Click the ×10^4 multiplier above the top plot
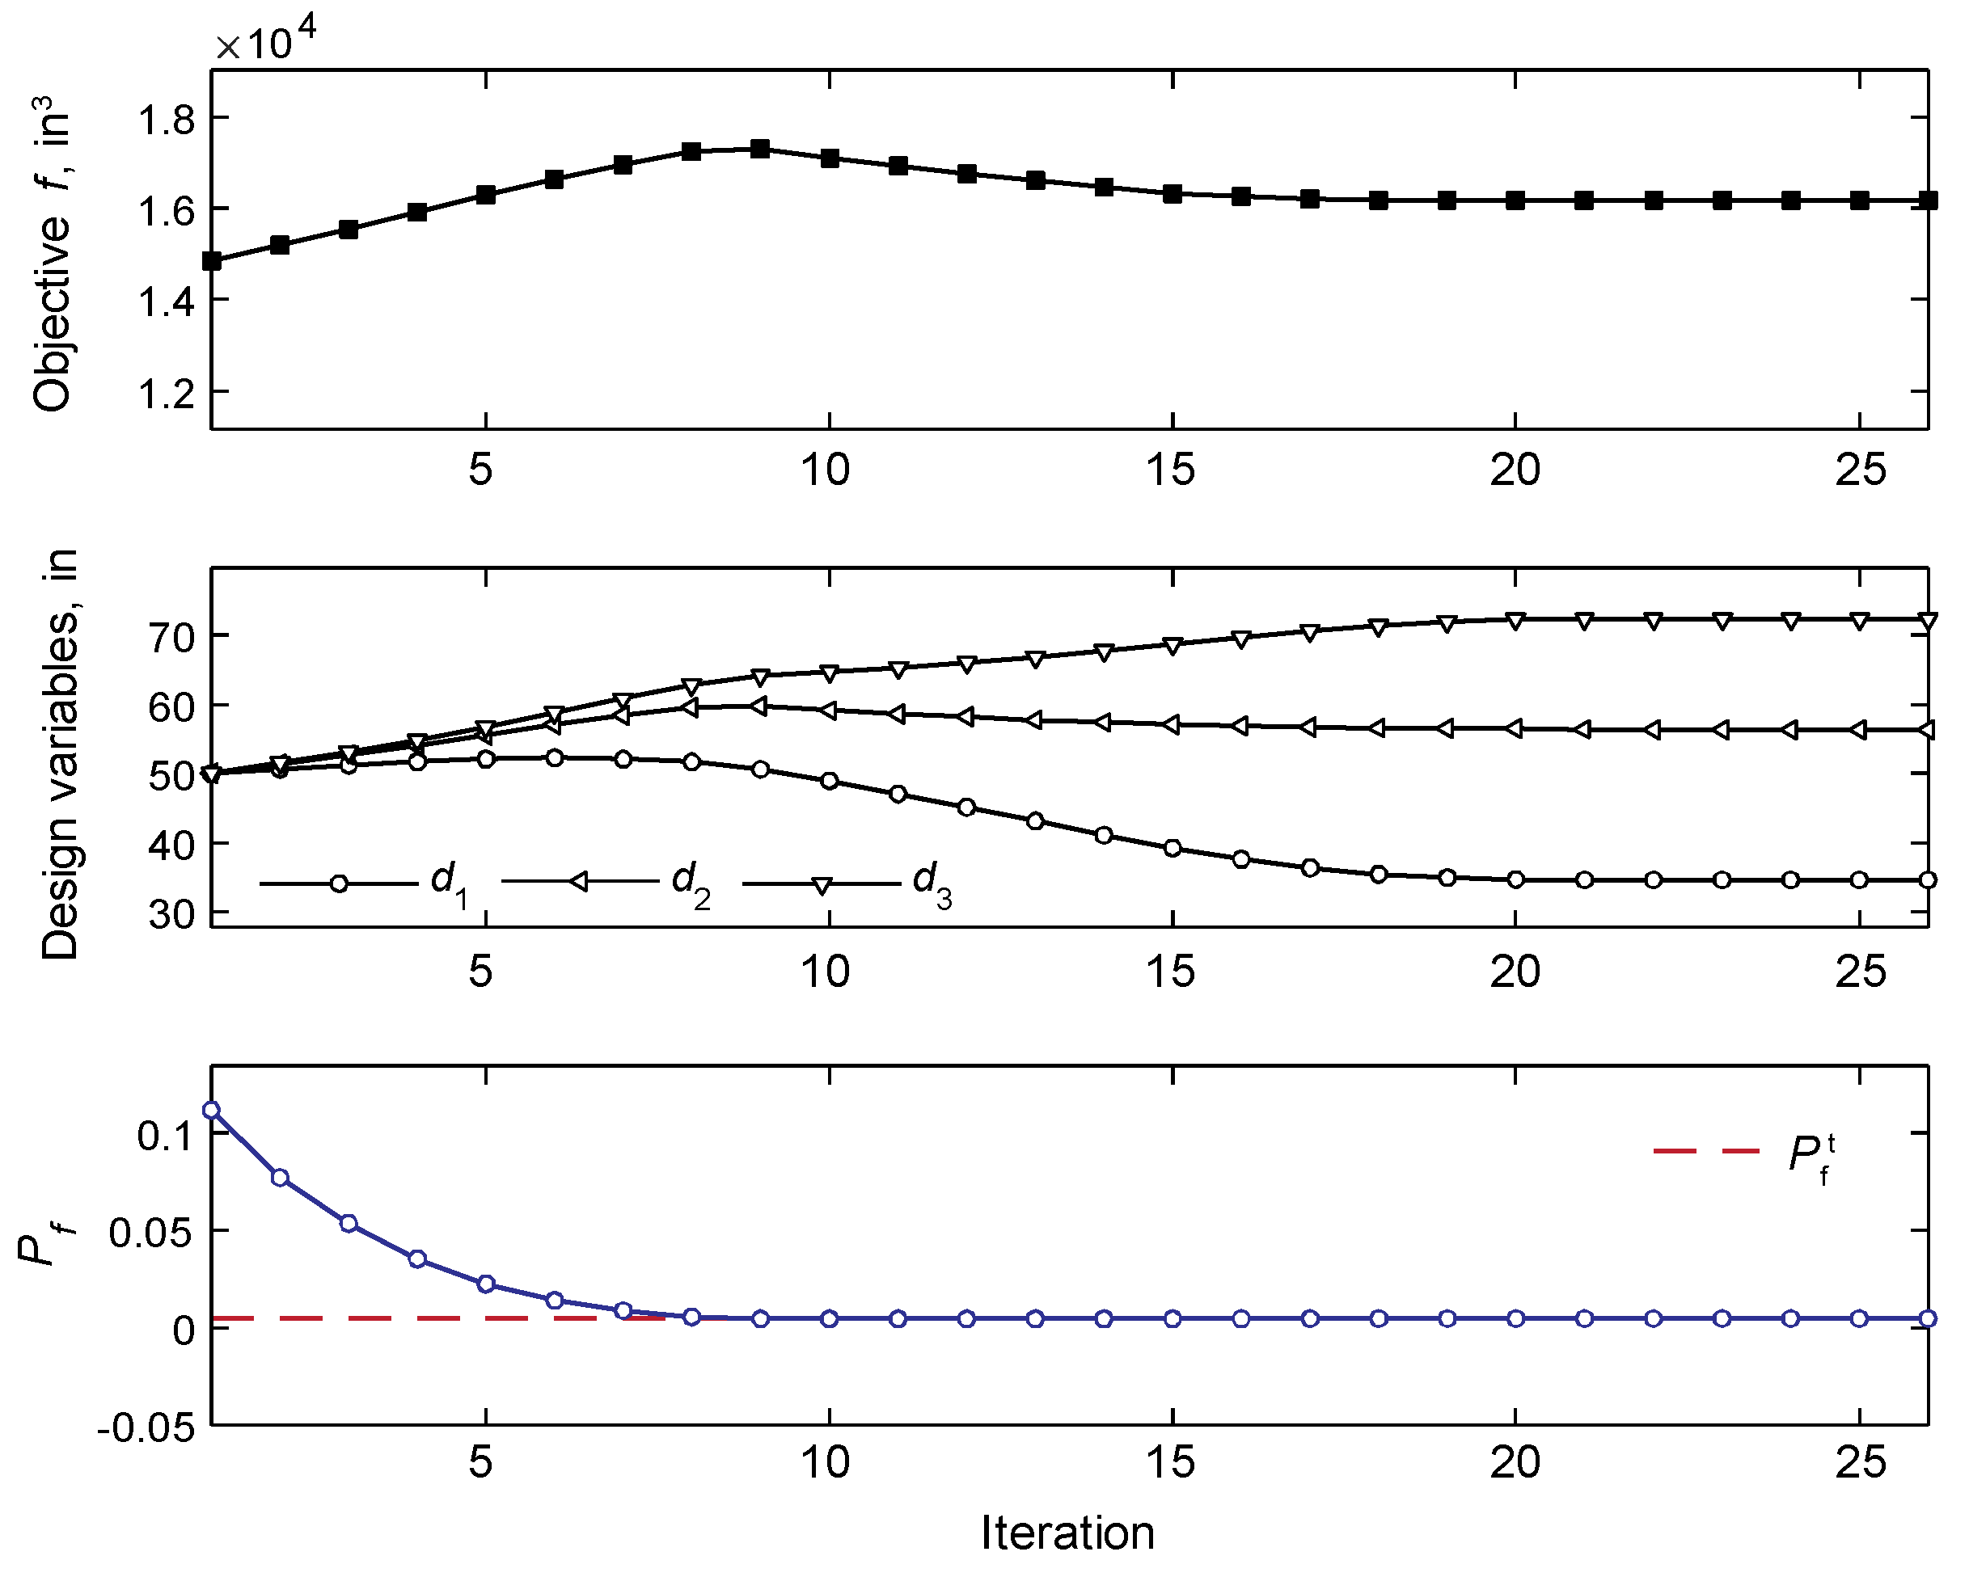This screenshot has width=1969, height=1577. (266, 41)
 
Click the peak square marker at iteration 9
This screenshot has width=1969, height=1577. (760, 149)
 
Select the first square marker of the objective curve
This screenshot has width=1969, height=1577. (212, 261)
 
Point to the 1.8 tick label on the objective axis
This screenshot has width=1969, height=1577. (167, 120)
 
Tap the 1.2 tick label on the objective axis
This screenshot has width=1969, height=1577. (167, 394)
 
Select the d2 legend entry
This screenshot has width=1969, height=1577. (606, 882)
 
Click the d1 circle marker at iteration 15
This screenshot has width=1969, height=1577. (1173, 848)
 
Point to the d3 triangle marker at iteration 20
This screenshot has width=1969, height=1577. (1516, 621)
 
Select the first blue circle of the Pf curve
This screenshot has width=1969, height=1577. (212, 1111)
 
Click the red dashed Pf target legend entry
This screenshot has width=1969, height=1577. (1744, 1153)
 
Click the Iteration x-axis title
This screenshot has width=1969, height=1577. (1067, 1533)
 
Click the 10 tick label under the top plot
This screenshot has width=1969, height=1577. (826, 470)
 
